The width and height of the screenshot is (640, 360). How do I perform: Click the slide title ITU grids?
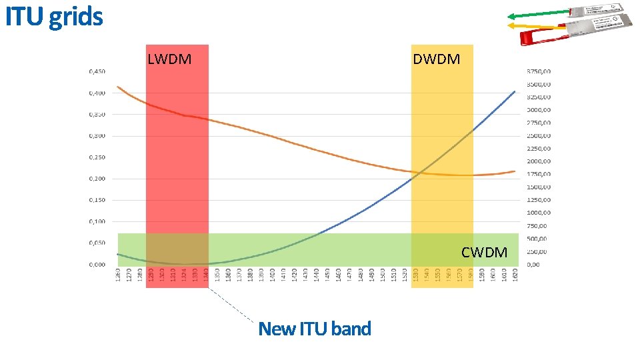(54, 17)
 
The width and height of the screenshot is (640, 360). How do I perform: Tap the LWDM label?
(169, 59)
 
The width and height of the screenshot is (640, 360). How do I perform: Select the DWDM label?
(436, 59)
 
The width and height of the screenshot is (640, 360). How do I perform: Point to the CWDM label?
(484, 253)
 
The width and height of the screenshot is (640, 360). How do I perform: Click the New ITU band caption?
(314, 329)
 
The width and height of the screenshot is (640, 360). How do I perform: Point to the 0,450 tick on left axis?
(97, 72)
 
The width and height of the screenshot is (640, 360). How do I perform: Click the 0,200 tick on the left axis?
(97, 179)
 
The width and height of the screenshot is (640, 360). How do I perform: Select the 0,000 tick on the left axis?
(97, 265)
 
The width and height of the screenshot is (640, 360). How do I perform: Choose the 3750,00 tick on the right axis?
(539, 71)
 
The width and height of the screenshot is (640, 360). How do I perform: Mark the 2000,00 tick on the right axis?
(539, 161)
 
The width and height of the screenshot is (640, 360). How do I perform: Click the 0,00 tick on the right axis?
(533, 265)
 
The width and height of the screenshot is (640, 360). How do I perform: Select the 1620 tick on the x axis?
(515, 274)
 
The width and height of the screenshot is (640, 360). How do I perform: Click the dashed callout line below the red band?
(233, 306)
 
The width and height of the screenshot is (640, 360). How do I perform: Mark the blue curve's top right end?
(514, 92)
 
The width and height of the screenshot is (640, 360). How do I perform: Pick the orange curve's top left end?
(118, 87)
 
